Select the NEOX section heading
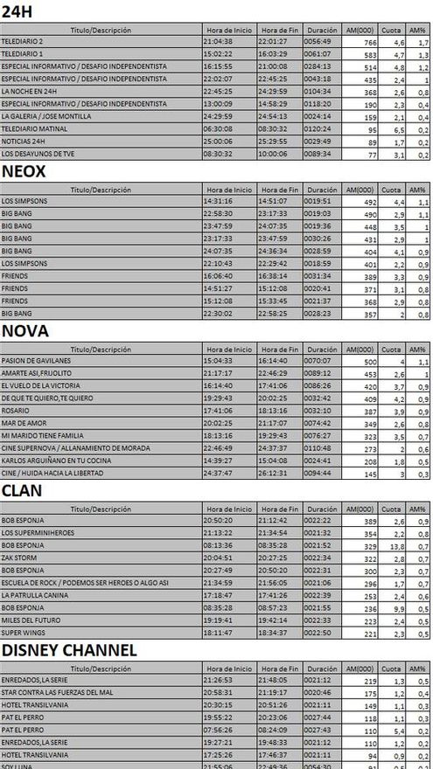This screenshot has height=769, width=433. coord(24,172)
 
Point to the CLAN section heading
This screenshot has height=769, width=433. coord(22,490)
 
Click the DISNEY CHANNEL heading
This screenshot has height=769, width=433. coord(69,649)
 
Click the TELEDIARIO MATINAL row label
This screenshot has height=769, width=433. coord(28,128)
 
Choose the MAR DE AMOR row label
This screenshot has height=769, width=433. coord(18,423)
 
